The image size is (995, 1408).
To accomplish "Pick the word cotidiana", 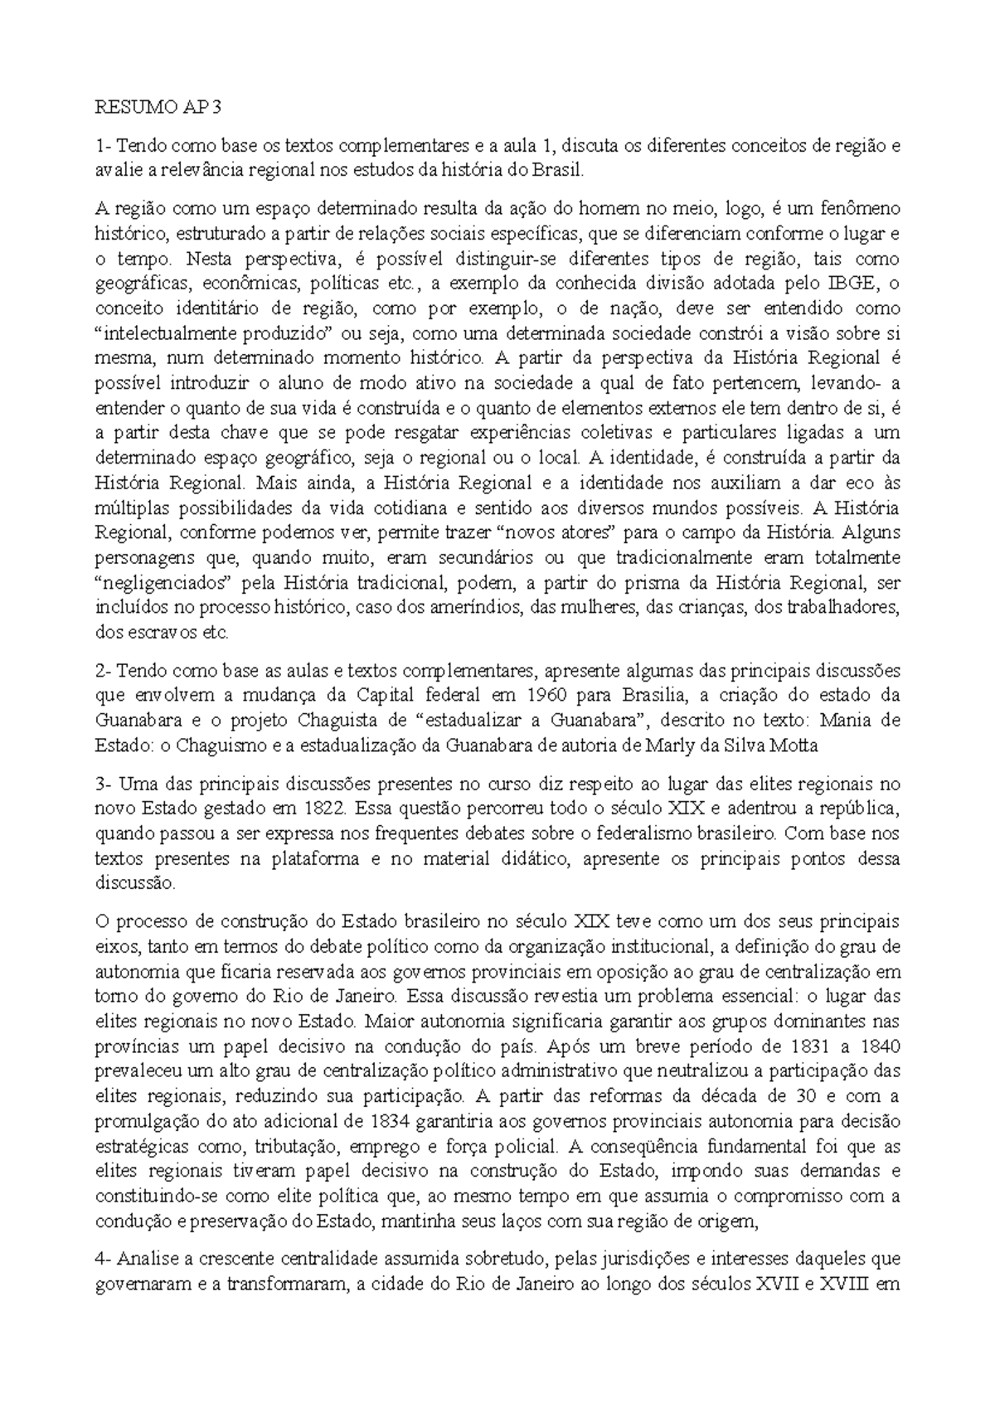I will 467,507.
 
